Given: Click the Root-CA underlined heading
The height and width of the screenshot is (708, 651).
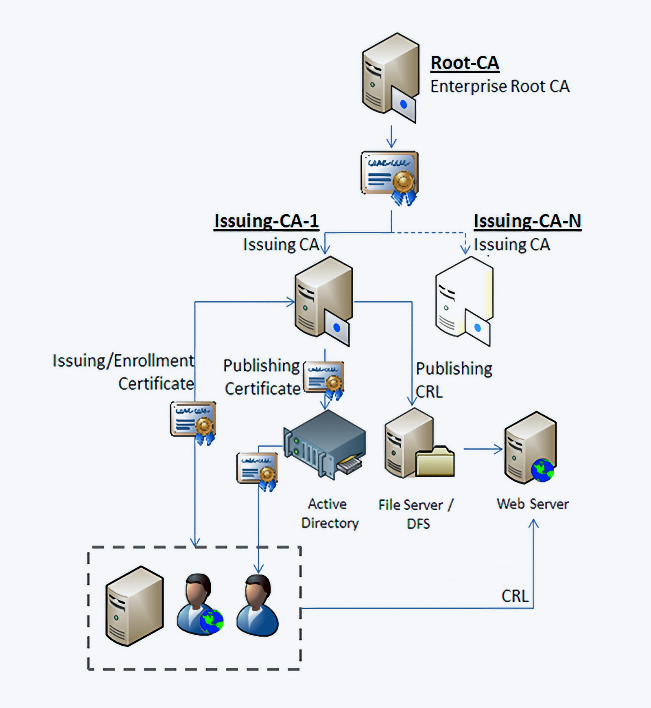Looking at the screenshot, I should coord(465,63).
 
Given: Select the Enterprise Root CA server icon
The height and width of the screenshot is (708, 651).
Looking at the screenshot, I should coord(389,77).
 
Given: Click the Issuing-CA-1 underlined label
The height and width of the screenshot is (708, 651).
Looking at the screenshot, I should coord(267,221).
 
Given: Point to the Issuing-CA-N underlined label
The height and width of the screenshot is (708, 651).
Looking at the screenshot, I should coord(527,221).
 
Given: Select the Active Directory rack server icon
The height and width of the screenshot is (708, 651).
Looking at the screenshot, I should coord(325,444).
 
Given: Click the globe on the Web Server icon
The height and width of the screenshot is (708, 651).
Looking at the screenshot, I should coord(542,470).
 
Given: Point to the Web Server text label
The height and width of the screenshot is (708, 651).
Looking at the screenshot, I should coord(533,504).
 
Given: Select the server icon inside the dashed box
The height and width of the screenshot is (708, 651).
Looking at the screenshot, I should coord(134,605).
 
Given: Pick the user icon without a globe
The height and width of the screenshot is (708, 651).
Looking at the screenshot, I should coord(258,605).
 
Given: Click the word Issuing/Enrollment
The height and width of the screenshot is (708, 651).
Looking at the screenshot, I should coord(123,361).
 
